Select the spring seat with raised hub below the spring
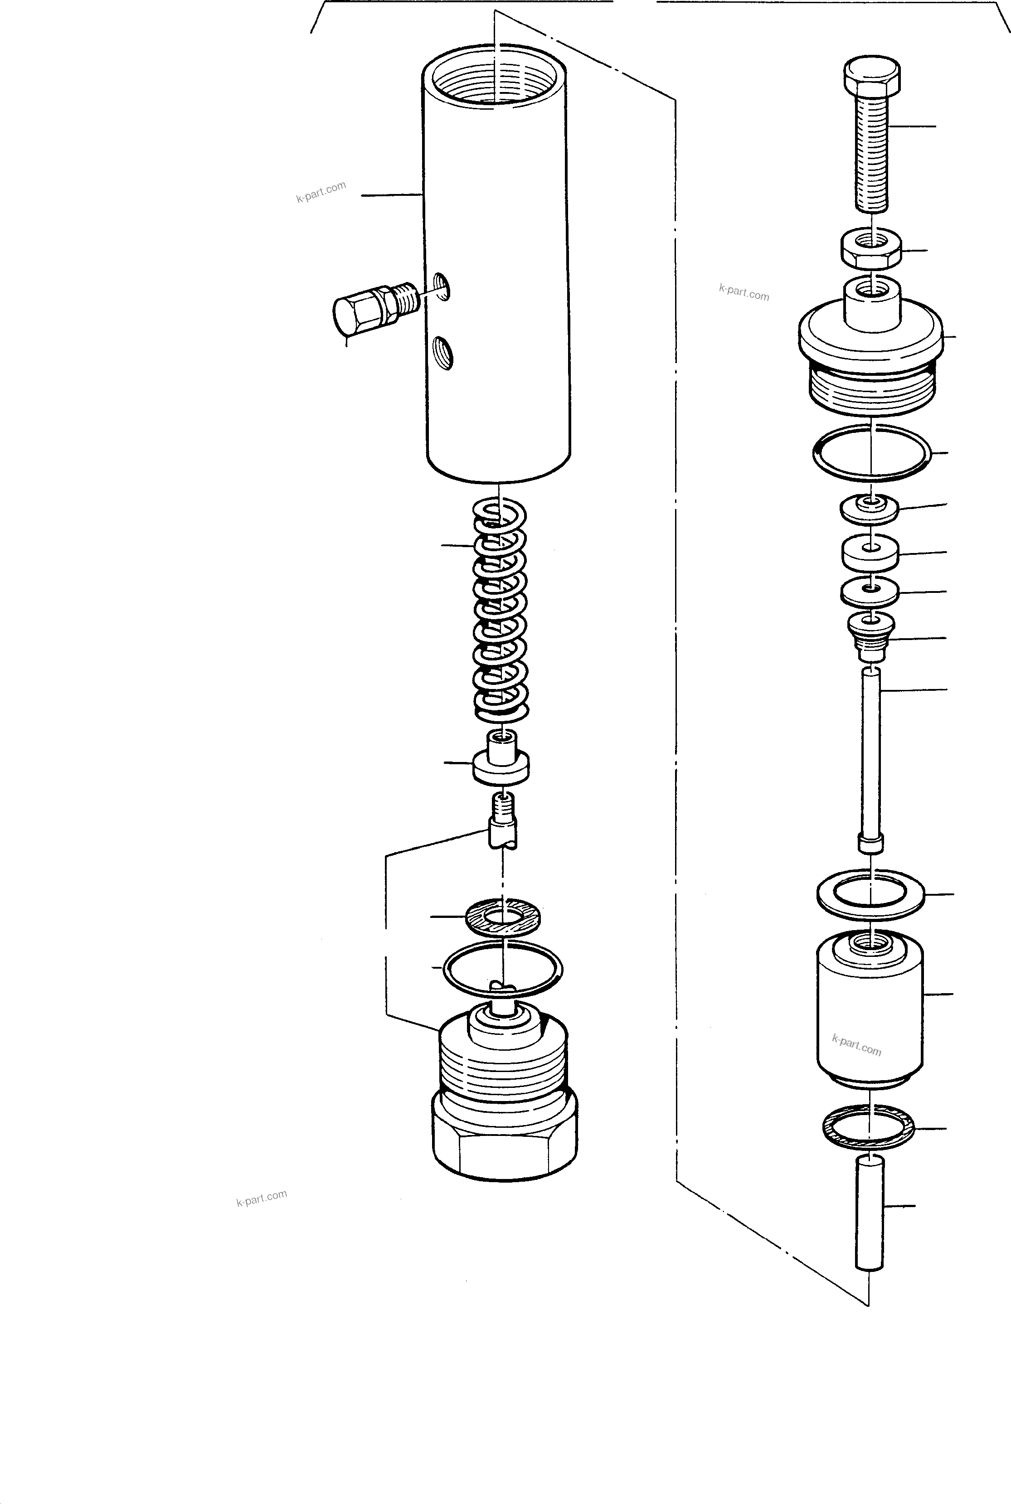pos(501,759)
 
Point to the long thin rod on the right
pos(871,761)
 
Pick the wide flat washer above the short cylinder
pos(870,895)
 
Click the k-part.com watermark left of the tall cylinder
pos(321,191)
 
